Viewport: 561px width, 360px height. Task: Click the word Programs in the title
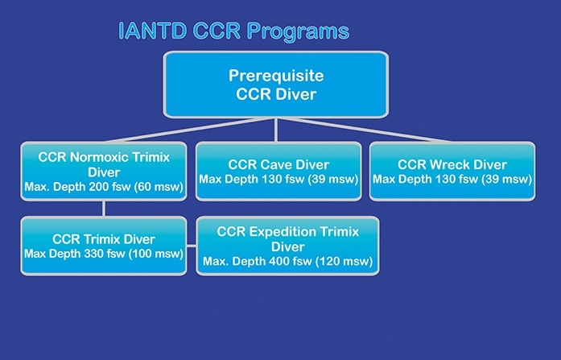(x=298, y=32)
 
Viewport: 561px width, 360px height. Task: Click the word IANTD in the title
(x=152, y=31)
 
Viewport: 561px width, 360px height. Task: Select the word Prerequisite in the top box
(x=276, y=76)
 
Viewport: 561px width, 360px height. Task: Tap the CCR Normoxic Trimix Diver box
(x=104, y=171)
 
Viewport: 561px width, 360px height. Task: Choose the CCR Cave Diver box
(x=278, y=171)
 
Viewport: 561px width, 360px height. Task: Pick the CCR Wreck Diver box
(x=452, y=171)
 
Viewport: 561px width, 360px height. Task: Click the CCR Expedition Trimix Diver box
(x=287, y=246)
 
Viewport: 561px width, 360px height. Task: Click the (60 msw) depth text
(x=159, y=187)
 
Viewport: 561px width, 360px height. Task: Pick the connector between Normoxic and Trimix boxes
(x=104, y=209)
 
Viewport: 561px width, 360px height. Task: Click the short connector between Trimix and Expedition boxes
(x=192, y=246)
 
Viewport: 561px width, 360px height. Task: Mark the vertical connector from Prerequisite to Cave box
(x=276, y=130)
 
